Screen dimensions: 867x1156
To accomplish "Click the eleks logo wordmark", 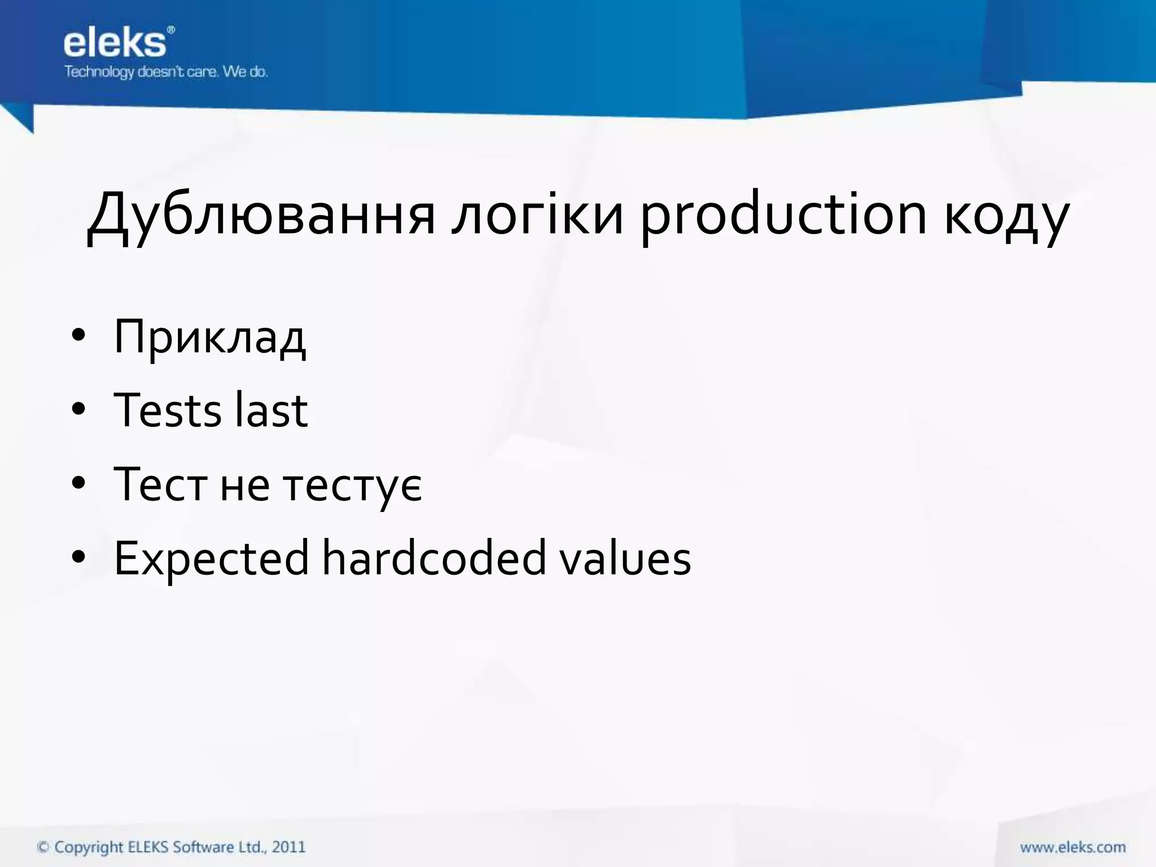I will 115,43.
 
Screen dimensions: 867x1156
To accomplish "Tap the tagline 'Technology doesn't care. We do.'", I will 166,72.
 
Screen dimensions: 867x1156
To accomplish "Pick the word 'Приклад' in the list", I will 209,338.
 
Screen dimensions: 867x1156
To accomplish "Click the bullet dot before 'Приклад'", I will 78,336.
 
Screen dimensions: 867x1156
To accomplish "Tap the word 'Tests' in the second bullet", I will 168,410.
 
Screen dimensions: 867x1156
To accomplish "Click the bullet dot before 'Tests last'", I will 78,409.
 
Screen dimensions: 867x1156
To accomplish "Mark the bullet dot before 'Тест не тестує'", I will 78,483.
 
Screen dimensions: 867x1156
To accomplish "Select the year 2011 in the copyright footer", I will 288,847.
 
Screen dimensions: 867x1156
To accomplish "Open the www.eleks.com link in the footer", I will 1072,847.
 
